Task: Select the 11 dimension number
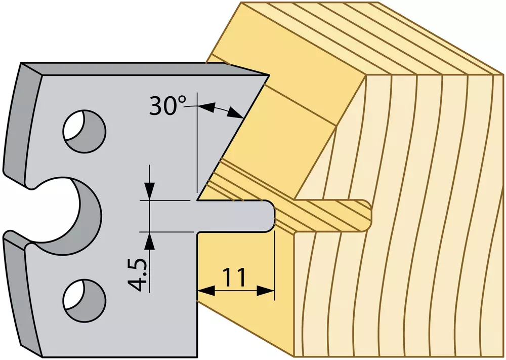pos(235,277)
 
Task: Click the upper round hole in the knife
pos(85,131)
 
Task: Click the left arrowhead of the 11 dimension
pos(206,291)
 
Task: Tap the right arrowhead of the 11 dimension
pos(266,291)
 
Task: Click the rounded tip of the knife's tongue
pos(272,216)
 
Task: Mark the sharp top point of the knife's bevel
pos(269,76)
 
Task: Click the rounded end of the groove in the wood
pos(367,215)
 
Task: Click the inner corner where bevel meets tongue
pos(197,200)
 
